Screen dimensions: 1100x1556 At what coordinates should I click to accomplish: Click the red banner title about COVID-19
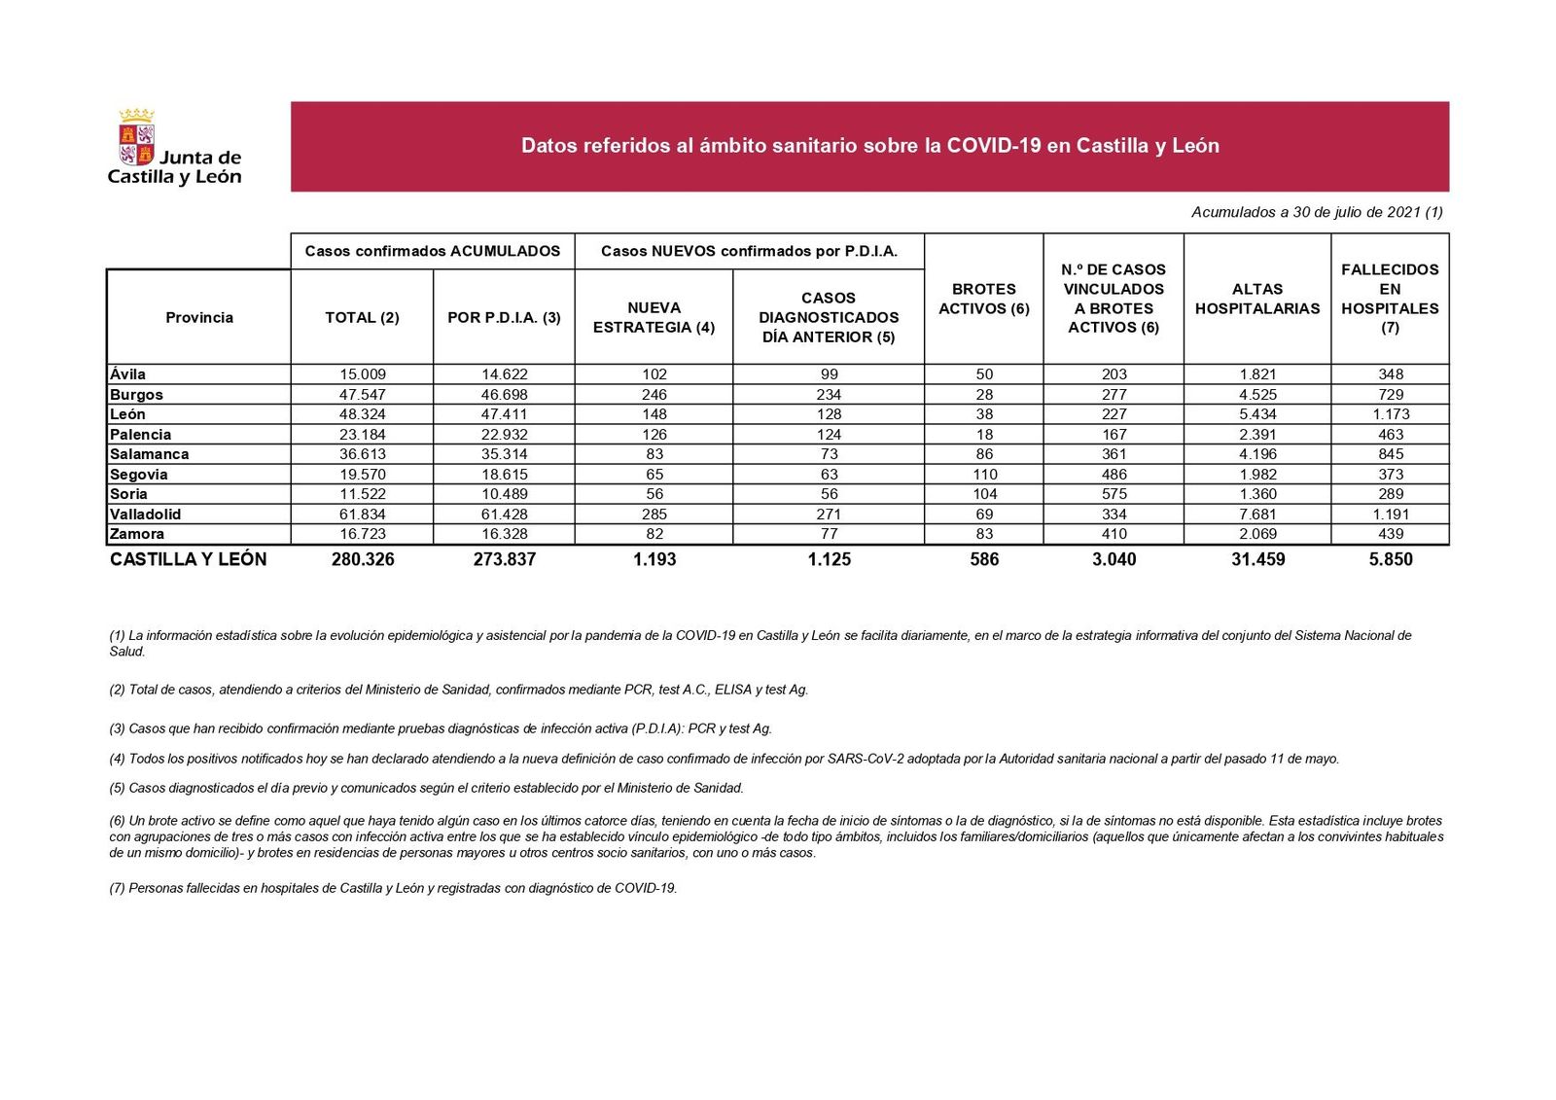869,146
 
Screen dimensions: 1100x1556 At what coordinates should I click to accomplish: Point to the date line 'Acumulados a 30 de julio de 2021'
1316,212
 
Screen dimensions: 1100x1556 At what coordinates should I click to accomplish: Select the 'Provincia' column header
198,317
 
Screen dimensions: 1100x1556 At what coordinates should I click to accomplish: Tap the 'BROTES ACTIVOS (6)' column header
983,299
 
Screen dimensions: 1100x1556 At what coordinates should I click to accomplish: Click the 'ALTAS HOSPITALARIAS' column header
1256,299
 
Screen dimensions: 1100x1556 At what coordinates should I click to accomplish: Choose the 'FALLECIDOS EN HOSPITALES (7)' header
1389,299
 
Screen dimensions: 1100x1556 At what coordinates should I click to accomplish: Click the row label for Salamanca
150,454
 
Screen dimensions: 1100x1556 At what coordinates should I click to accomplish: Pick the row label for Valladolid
146,515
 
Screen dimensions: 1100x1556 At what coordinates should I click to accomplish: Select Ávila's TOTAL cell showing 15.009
362,374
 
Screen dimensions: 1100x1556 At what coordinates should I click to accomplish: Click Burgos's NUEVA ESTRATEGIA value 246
654,395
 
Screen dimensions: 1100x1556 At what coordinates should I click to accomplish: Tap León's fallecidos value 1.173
1390,414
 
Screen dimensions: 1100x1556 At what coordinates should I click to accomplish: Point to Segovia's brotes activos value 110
984,475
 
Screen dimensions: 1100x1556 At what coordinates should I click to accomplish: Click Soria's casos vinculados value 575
1114,494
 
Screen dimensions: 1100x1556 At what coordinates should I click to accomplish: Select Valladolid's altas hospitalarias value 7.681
1256,515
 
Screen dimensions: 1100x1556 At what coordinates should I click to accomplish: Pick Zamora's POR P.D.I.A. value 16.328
504,534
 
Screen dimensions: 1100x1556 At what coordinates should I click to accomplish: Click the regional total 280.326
362,559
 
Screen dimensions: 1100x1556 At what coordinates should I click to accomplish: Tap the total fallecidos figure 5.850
1390,559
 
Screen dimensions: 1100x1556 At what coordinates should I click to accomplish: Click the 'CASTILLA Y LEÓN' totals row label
188,559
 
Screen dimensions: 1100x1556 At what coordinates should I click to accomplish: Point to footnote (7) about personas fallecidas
393,888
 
